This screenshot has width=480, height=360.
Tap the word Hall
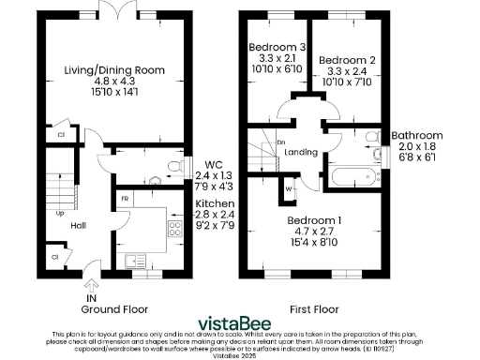pos(79,225)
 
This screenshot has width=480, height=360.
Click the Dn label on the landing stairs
pos(280,142)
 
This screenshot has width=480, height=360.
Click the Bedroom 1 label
pos(314,220)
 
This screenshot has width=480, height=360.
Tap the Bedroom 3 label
pos(277,48)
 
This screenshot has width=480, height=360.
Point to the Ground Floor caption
pos(113,308)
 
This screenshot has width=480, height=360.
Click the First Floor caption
pos(314,308)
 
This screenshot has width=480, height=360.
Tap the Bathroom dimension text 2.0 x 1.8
pos(416,148)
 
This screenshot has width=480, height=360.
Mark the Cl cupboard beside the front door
pos(54,256)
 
